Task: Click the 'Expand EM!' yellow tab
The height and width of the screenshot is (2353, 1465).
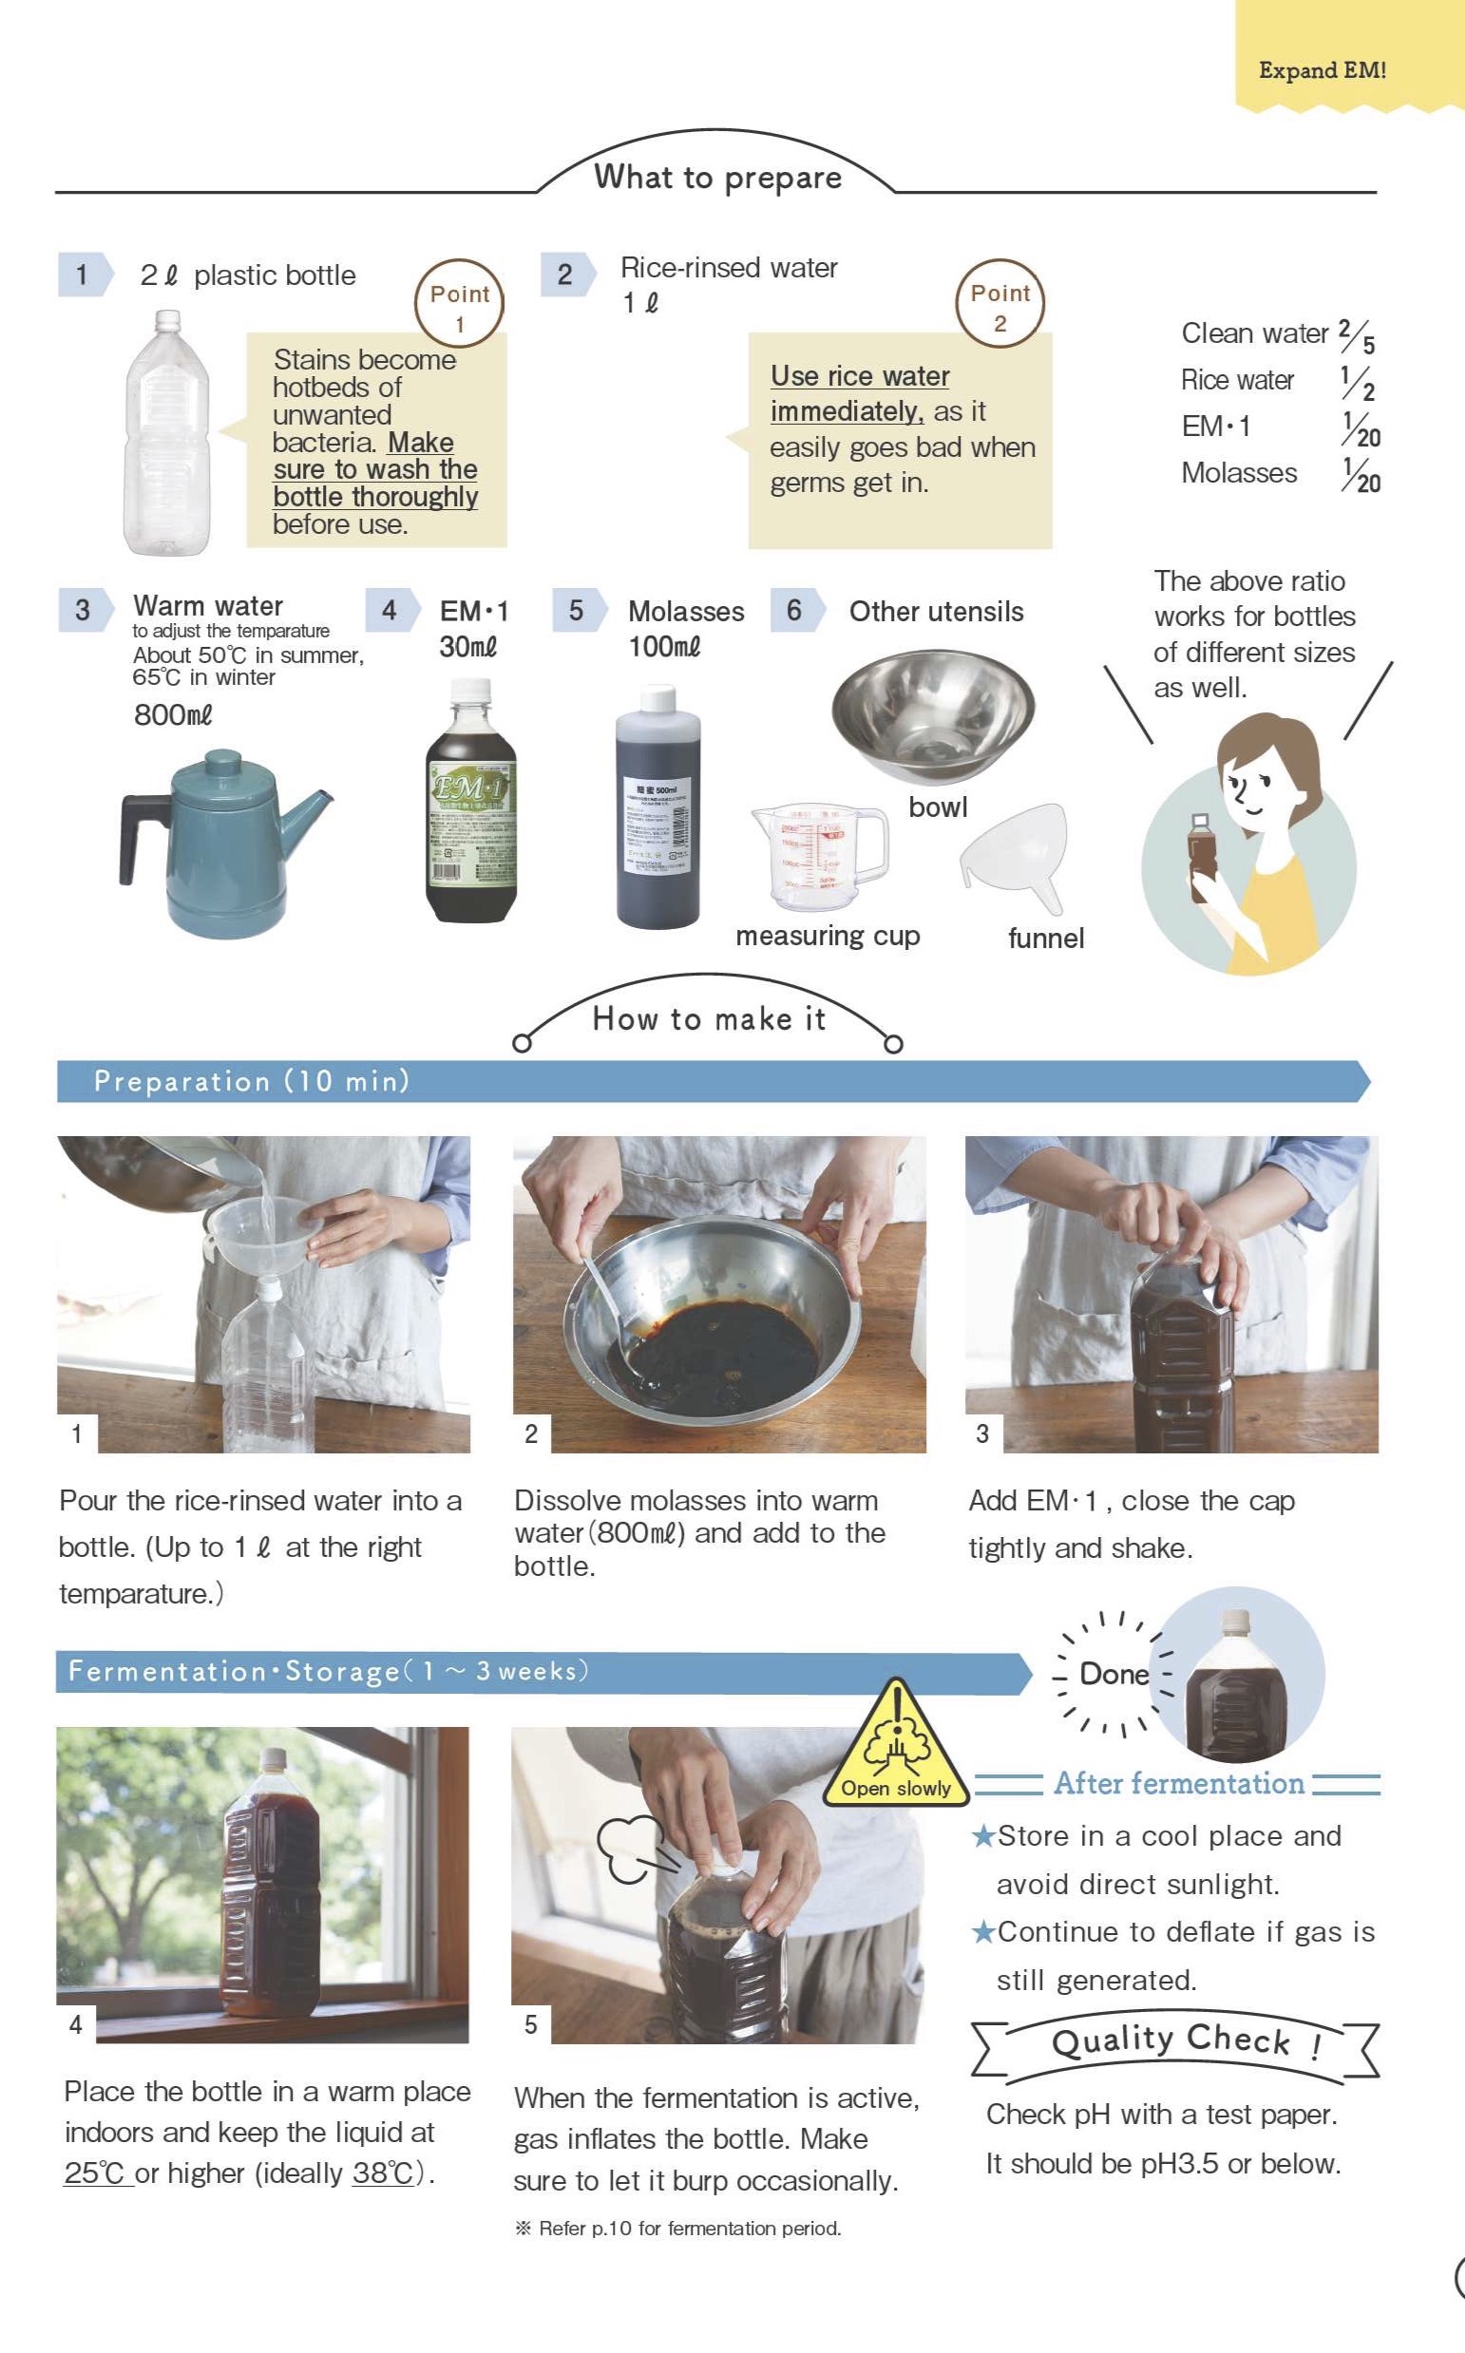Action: pyautogui.click(x=1322, y=69)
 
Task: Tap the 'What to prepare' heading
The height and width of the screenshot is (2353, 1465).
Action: pyautogui.click(x=717, y=178)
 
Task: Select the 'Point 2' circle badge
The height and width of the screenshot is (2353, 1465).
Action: pyautogui.click(x=999, y=304)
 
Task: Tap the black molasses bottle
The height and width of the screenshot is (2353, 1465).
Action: pyautogui.click(x=657, y=809)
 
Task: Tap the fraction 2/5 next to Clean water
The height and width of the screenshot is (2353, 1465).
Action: pyautogui.click(x=1357, y=335)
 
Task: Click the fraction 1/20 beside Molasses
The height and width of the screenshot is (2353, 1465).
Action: pyautogui.click(x=1360, y=474)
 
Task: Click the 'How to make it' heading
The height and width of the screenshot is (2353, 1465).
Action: pyautogui.click(x=709, y=1019)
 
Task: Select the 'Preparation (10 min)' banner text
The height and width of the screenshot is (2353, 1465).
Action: pyautogui.click(x=252, y=1081)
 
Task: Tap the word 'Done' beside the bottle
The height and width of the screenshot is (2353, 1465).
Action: pyautogui.click(x=1113, y=1674)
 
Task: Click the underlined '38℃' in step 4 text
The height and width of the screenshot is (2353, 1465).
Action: pyautogui.click(x=383, y=2173)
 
